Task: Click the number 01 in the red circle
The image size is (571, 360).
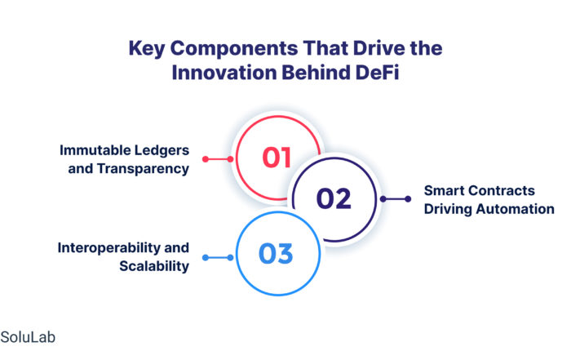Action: point(277,158)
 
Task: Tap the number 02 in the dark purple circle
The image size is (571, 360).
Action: point(334,198)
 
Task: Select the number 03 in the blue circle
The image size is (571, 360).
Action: point(276,254)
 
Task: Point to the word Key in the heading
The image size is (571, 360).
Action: point(147,49)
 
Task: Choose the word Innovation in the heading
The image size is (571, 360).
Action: point(224,72)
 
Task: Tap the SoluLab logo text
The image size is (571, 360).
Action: point(28,337)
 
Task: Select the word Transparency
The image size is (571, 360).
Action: point(143,169)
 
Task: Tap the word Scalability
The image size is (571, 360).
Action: point(154,266)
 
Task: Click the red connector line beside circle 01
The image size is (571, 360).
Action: point(218,159)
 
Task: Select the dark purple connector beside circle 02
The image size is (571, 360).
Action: point(396,199)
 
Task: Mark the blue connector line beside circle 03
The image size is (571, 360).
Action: point(218,258)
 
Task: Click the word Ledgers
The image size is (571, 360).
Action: point(162,150)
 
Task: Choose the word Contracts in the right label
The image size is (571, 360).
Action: point(502,190)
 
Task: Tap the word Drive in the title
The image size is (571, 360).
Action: point(379,48)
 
